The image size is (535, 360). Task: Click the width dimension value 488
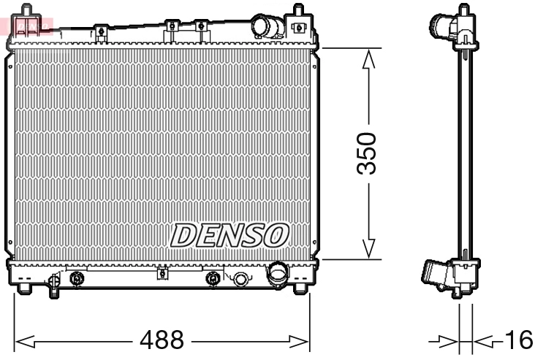pyautogui.click(x=162, y=341)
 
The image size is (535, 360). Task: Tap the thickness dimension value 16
pyautogui.click(x=518, y=340)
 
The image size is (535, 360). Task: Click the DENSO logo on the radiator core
pyautogui.click(x=229, y=235)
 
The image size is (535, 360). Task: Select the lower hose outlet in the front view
pyautogui.click(x=278, y=276)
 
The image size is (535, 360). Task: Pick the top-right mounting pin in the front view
pyautogui.click(x=298, y=12)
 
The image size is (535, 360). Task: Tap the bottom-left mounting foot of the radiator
pyautogui.click(x=25, y=288)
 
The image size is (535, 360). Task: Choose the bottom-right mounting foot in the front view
pyautogui.click(x=300, y=288)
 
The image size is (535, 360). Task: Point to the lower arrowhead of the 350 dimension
pyautogui.click(x=370, y=248)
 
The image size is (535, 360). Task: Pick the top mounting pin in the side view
pyautogui.click(x=463, y=11)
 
